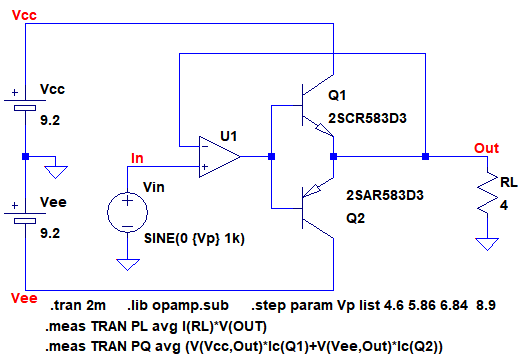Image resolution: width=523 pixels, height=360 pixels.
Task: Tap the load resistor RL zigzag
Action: point(487,192)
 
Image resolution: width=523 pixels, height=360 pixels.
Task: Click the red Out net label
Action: point(486,148)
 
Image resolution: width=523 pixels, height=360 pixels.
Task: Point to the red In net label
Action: point(137,158)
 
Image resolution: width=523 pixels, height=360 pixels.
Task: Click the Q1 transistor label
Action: point(337,95)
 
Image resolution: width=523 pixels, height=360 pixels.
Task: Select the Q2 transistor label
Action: point(356,219)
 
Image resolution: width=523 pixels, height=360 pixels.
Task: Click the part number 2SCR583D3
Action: point(367,118)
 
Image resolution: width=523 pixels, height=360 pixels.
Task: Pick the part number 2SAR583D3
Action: point(385,195)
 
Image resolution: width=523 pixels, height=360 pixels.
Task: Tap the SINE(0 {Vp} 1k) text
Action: point(194,239)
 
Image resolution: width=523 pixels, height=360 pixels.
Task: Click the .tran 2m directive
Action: point(78,305)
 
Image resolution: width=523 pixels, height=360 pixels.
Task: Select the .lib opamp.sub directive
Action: point(178,306)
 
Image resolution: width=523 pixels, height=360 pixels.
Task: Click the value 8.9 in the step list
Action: point(486,305)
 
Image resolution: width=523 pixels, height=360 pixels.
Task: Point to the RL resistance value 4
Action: point(504,205)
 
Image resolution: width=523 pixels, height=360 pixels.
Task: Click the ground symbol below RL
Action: point(487,244)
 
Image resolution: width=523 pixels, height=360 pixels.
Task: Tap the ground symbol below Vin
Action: point(127,265)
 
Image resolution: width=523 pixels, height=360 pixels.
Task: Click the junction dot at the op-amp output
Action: point(272,156)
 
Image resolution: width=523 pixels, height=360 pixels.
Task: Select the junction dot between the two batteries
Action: point(26,156)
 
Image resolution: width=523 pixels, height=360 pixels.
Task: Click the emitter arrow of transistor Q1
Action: point(324,130)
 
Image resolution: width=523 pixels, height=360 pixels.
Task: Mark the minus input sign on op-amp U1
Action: point(205,146)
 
